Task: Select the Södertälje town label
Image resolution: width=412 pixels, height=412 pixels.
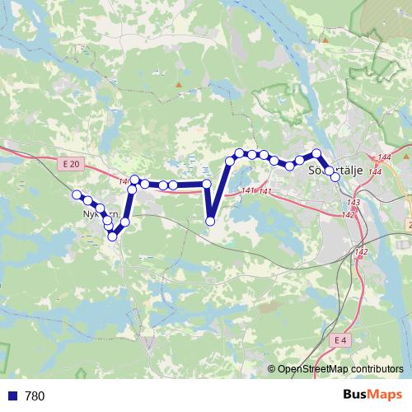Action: tap(335, 171)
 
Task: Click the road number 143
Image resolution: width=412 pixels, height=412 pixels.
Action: tap(354, 203)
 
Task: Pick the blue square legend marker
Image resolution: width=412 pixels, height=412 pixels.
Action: tap(12, 396)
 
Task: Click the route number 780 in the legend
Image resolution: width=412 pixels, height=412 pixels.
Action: tap(35, 396)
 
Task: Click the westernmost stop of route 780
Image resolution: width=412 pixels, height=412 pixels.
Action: tap(77, 195)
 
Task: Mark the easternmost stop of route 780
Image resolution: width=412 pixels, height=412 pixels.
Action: tap(335, 177)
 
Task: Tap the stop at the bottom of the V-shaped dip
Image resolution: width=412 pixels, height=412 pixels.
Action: tap(210, 221)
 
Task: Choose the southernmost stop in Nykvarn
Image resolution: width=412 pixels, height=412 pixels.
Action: tap(113, 236)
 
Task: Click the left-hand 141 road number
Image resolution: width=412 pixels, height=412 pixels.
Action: tap(249, 191)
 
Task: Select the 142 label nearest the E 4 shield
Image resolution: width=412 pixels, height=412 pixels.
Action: tap(360, 252)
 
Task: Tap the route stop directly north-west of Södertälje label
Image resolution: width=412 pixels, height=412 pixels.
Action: tap(317, 153)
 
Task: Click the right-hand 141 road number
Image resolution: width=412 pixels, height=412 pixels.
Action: tap(265, 191)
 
